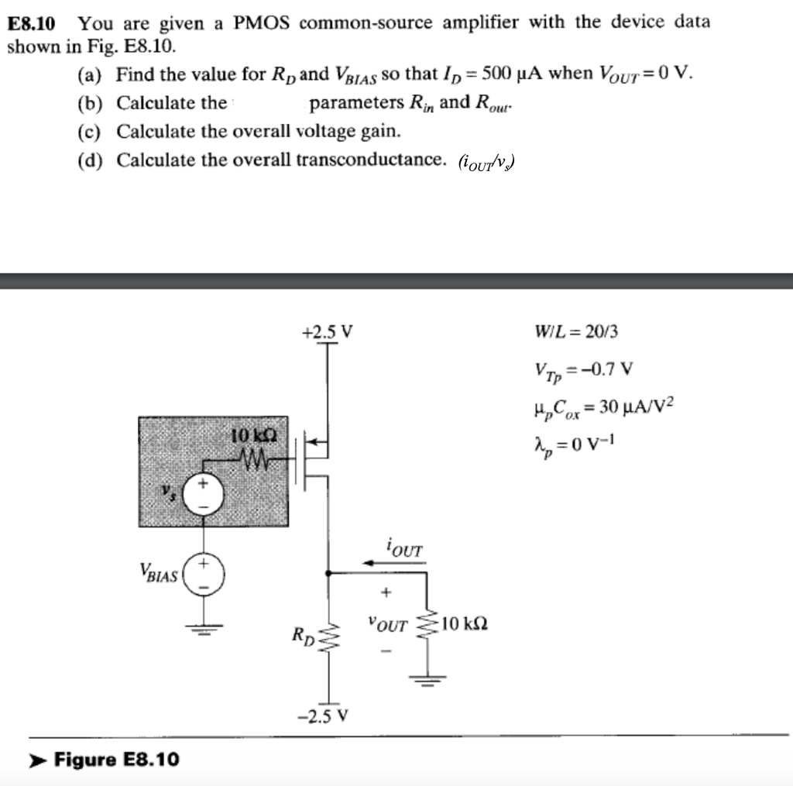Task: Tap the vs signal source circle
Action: pyautogui.click(x=204, y=491)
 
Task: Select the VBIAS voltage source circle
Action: pyautogui.click(x=204, y=575)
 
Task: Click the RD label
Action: pyautogui.click(x=303, y=638)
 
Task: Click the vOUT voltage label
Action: pyautogui.click(x=388, y=624)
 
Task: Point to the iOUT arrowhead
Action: pyautogui.click(x=369, y=563)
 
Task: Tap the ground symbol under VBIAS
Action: pyautogui.click(x=204, y=628)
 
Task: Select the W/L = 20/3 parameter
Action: pyautogui.click(x=576, y=333)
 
